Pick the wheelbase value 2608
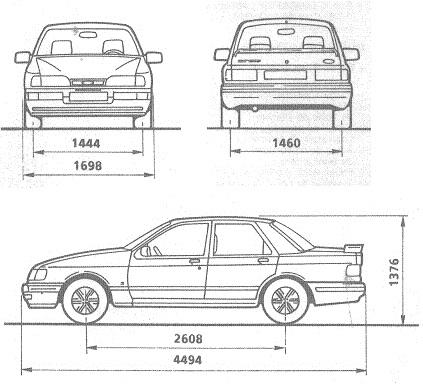190,338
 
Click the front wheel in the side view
83,299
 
